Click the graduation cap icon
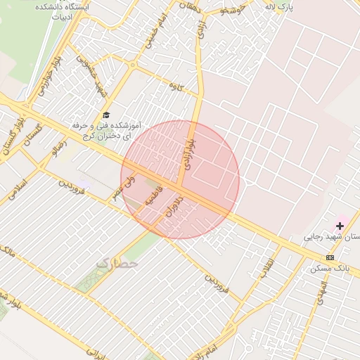[106, 115]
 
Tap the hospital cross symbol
[340, 226]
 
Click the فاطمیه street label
[153, 196]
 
